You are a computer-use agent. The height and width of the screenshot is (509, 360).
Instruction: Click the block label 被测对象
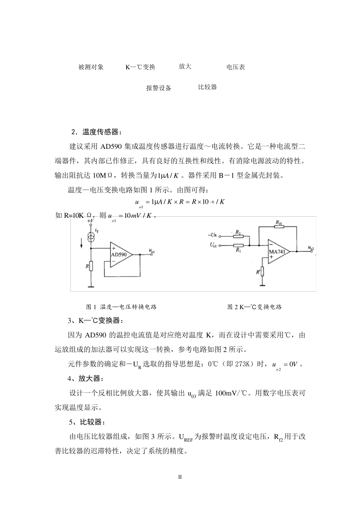tap(91, 67)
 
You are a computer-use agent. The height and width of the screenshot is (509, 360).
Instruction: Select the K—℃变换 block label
tap(141, 67)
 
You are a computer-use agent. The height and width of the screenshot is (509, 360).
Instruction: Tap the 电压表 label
tap(236, 67)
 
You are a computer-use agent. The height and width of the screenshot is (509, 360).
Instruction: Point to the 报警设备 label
tap(159, 88)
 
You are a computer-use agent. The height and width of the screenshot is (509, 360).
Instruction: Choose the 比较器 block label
tap(207, 87)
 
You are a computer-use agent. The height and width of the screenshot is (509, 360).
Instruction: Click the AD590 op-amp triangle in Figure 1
tap(120, 254)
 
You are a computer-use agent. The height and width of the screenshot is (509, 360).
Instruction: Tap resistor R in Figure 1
tap(91, 267)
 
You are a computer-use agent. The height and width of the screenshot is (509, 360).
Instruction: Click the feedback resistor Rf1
tap(279, 227)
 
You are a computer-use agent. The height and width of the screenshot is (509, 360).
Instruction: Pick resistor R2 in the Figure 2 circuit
tap(238, 235)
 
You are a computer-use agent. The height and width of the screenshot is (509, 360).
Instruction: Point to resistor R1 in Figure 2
tap(238, 245)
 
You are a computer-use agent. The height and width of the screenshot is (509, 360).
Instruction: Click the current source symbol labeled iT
tap(91, 237)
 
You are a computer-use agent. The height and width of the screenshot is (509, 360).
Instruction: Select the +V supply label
tap(91, 220)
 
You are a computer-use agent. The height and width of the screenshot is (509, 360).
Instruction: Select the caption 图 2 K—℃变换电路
tap(254, 307)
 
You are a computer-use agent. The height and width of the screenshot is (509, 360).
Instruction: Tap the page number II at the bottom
tap(180, 477)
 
